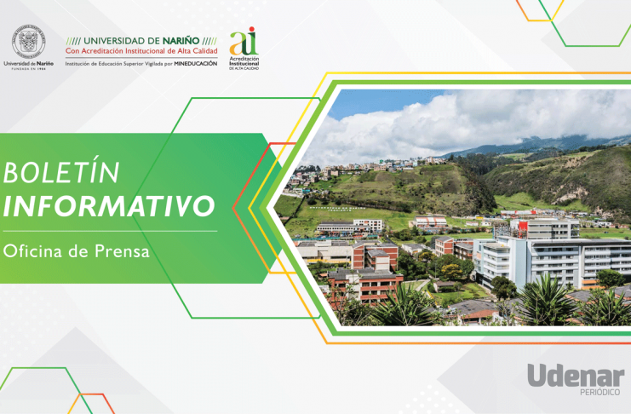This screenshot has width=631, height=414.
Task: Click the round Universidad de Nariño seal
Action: [29, 42]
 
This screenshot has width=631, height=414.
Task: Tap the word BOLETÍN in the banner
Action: [61, 172]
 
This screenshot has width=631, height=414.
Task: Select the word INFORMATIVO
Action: [109, 206]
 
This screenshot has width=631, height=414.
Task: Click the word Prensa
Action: [122, 251]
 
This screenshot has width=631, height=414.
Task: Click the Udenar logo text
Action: [576, 376]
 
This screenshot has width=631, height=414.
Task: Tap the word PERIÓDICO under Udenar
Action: [599, 392]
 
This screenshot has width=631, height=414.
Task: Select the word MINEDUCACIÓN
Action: [196, 64]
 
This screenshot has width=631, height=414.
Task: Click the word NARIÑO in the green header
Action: [181, 41]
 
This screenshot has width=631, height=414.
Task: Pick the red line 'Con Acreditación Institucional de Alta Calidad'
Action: [141, 51]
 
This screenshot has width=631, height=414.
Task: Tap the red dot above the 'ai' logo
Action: [252, 29]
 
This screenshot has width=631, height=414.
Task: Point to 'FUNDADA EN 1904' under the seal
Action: [29, 69]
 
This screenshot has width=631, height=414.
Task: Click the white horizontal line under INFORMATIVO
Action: [110, 231]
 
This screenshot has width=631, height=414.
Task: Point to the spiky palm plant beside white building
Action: [547, 299]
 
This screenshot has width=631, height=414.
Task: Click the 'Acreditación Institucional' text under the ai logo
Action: [244, 61]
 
